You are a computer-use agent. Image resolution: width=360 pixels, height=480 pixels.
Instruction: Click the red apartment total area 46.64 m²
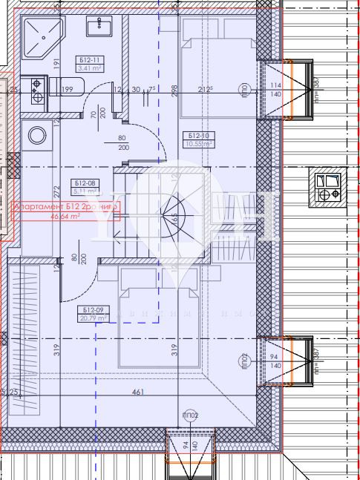point(65,218)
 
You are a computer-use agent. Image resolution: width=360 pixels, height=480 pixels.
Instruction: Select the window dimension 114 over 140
point(276,90)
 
